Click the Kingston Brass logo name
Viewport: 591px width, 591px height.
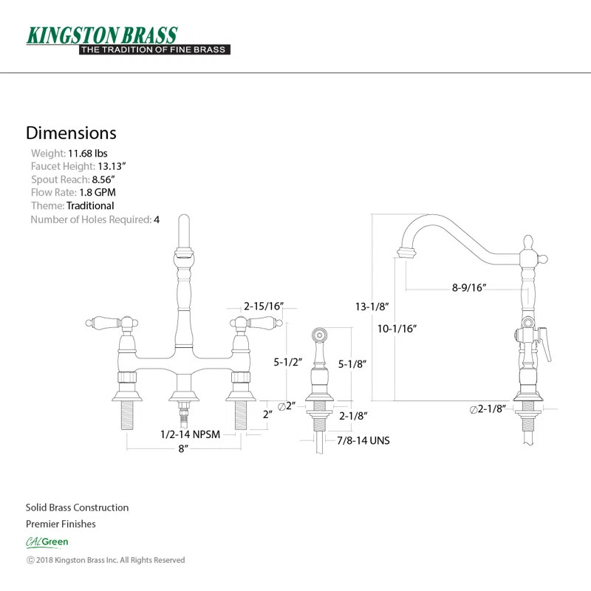[102, 35]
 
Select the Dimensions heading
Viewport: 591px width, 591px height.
[71, 133]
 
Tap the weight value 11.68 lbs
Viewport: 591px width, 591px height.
[88, 154]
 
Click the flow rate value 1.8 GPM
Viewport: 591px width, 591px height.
[98, 193]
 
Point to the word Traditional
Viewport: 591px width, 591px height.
[90, 206]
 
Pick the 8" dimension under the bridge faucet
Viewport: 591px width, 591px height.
[182, 448]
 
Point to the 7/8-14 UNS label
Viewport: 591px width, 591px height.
[363, 441]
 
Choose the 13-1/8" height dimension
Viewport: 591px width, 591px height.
[372, 306]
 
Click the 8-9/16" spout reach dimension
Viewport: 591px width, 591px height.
[469, 288]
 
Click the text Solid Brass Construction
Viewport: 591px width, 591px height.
[77, 508]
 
